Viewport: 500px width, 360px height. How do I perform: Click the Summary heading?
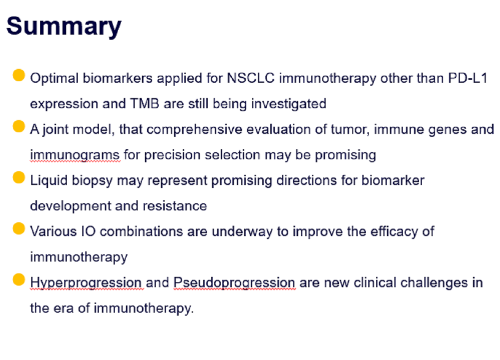pos(64,27)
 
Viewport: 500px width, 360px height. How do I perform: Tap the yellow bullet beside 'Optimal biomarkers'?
pos(19,75)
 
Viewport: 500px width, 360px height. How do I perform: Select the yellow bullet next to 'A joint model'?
pos(19,126)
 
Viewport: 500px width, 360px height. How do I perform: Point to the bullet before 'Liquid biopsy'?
pos(19,177)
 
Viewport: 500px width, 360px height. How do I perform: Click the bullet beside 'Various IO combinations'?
pos(19,229)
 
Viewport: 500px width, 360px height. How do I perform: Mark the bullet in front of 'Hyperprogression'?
pos(19,280)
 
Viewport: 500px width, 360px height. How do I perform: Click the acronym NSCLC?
pos(251,78)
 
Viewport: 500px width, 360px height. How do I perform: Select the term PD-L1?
pos(467,78)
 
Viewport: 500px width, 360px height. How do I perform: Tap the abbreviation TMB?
pos(144,104)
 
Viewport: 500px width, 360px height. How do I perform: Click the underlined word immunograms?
pos(75,155)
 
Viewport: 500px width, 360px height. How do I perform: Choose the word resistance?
pos(175,206)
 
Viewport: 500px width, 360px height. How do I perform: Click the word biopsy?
pos(92,181)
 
